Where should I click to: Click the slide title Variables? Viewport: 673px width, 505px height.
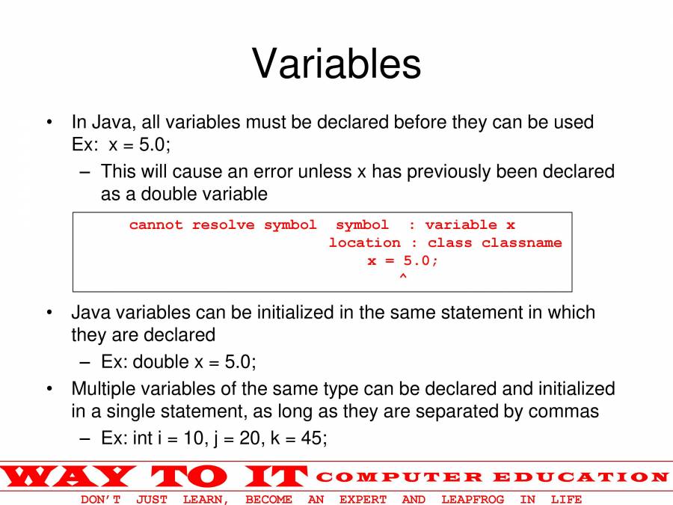(x=336, y=64)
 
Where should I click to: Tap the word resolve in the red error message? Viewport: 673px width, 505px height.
(x=223, y=224)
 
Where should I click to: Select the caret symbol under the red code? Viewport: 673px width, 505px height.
(x=402, y=275)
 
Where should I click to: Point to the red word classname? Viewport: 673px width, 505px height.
(x=521, y=242)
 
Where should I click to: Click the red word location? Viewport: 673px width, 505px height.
(x=364, y=242)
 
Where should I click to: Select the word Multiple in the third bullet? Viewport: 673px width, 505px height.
(x=100, y=389)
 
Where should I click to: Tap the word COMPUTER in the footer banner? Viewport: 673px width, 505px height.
(x=399, y=477)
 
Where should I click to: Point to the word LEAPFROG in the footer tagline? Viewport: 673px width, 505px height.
(x=473, y=500)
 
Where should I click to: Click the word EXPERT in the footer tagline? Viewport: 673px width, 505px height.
(x=363, y=500)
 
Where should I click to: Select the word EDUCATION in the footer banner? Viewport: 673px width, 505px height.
(x=581, y=477)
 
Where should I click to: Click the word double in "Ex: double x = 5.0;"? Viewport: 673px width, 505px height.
(x=162, y=361)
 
